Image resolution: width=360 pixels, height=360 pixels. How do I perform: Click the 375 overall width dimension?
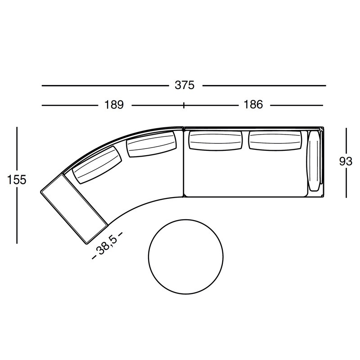(x=184, y=85)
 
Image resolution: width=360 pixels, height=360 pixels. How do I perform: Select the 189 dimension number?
(x=114, y=105)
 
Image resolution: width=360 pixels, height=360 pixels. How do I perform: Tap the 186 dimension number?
(x=253, y=105)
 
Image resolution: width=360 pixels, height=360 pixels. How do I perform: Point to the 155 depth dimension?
(x=17, y=179)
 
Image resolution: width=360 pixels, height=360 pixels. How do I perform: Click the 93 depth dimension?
(x=346, y=162)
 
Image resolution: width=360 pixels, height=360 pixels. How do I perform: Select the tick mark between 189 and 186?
(x=184, y=105)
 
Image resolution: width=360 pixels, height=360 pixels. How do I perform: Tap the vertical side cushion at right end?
(x=314, y=161)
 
